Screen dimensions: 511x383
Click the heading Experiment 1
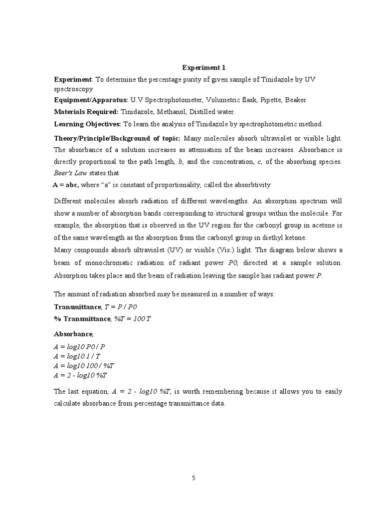(x=200, y=67)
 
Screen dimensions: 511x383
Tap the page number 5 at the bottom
(x=194, y=478)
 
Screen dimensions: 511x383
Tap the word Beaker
(x=296, y=100)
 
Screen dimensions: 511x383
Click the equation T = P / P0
(x=120, y=306)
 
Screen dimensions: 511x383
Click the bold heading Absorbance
(x=73, y=333)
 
